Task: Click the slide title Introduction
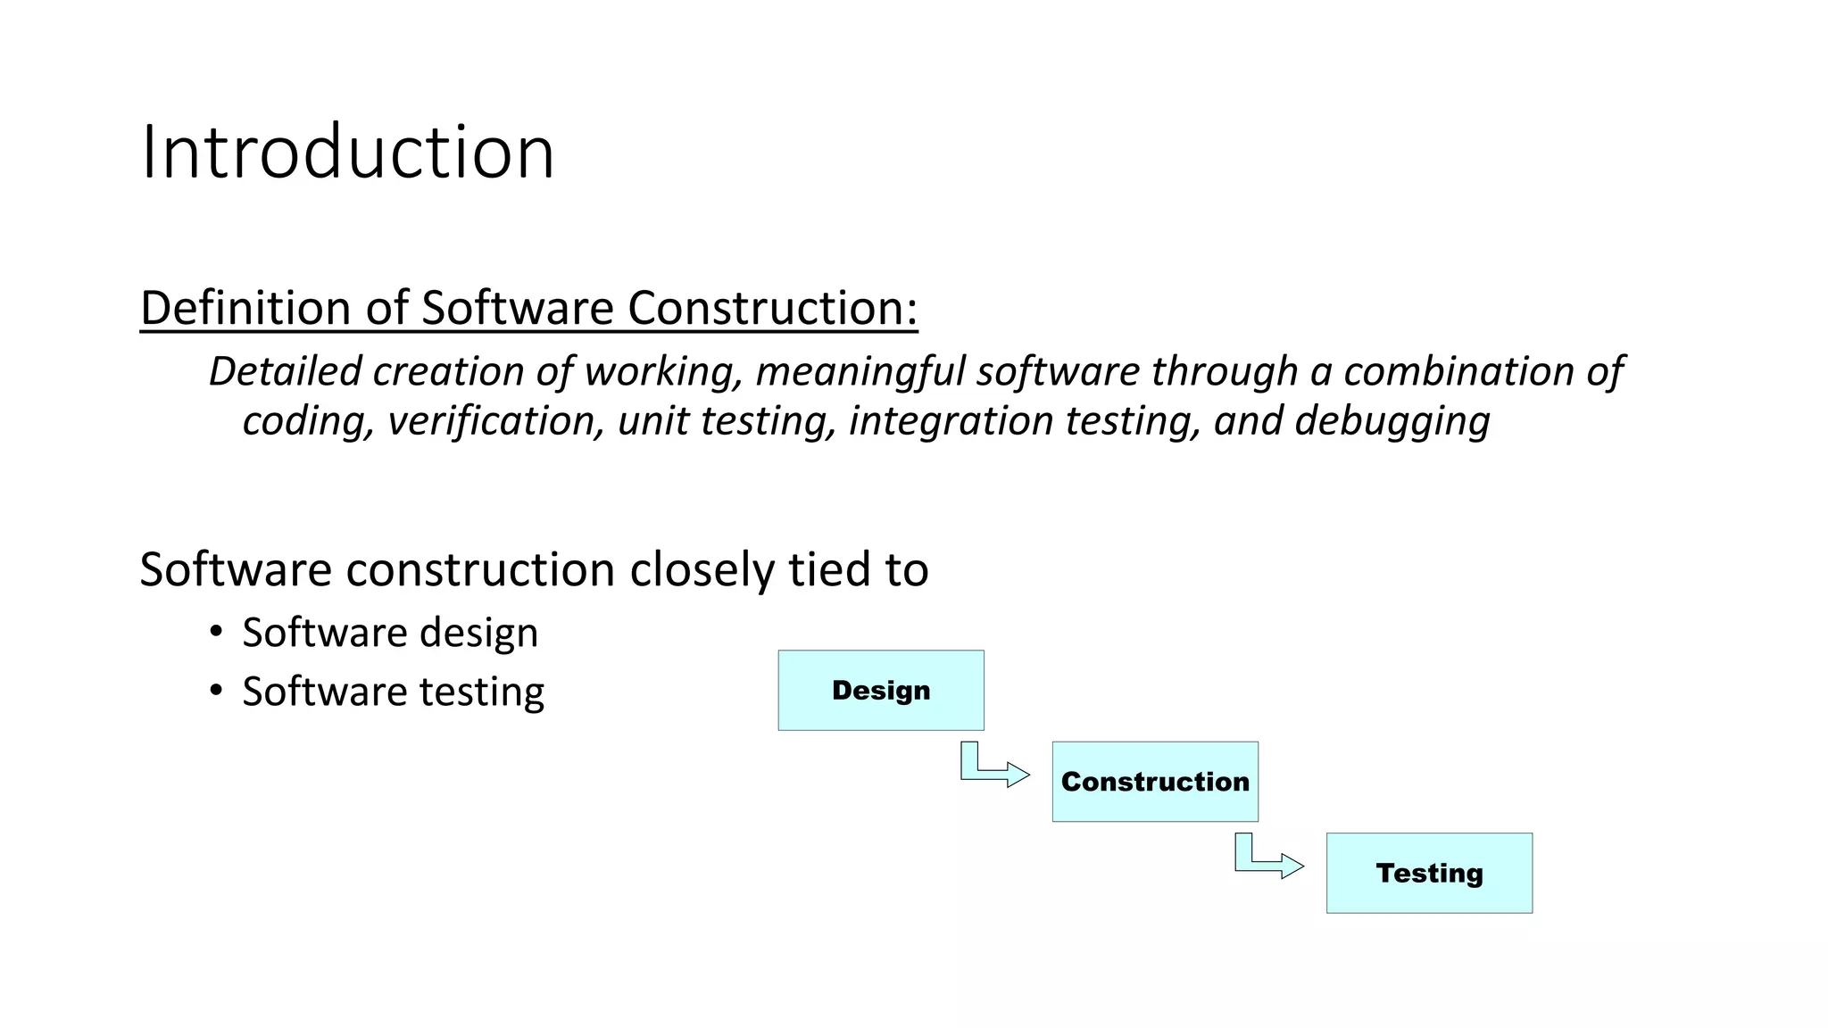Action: point(347,152)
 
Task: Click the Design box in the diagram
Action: point(881,691)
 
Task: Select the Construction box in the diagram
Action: point(1155,782)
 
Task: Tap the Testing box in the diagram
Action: point(1429,873)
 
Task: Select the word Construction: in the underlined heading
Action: point(772,308)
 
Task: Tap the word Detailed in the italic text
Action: point(285,371)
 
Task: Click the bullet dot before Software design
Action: point(216,633)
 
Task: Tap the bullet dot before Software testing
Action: point(216,692)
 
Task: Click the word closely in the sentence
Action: point(702,569)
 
